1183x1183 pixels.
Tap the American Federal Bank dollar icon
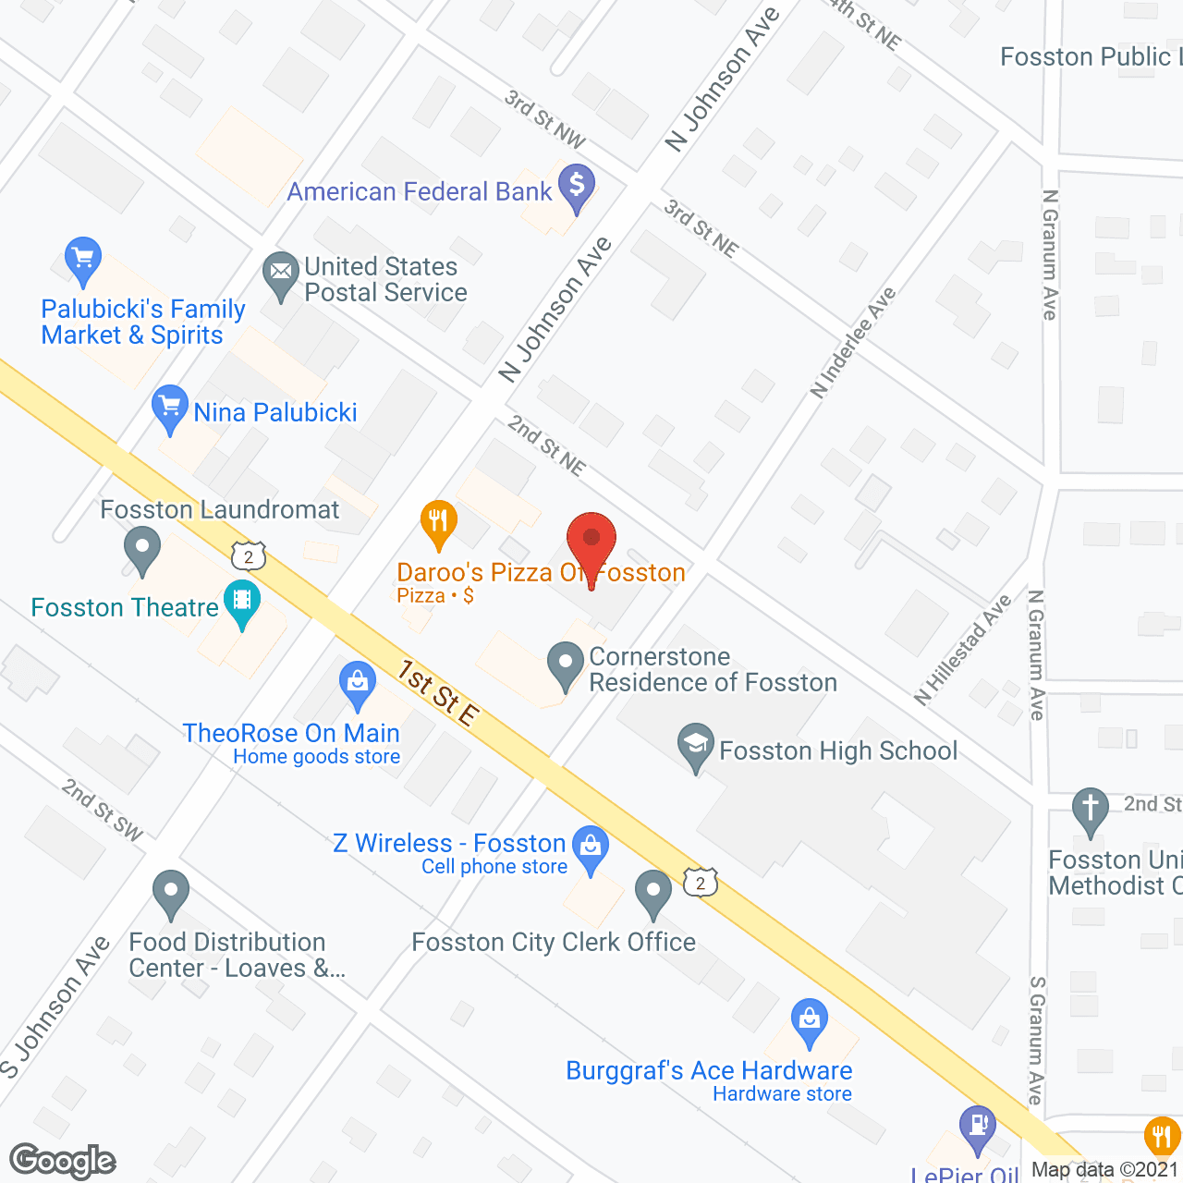pos(577,187)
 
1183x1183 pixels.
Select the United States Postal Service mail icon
pos(280,274)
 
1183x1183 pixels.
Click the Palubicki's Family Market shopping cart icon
pos(83,260)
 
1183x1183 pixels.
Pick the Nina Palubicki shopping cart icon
pos(169,407)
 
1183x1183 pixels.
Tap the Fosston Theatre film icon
pos(242,602)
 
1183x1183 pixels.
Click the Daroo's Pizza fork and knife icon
pos(439,523)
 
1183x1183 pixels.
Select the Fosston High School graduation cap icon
pos(696,745)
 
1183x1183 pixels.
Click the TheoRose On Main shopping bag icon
pos(358,684)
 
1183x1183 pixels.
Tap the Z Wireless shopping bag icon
pos(591,847)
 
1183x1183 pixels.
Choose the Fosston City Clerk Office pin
pos(653,893)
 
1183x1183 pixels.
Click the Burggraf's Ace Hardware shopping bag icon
pos(810,1020)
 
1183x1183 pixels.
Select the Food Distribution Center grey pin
pos(171,893)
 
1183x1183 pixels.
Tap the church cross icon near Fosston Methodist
pos(1091,810)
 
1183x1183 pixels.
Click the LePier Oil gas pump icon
pos(978,1128)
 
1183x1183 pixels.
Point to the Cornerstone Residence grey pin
pos(565,664)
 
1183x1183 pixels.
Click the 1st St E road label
pos(439,693)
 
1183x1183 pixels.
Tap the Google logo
pos(63,1161)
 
